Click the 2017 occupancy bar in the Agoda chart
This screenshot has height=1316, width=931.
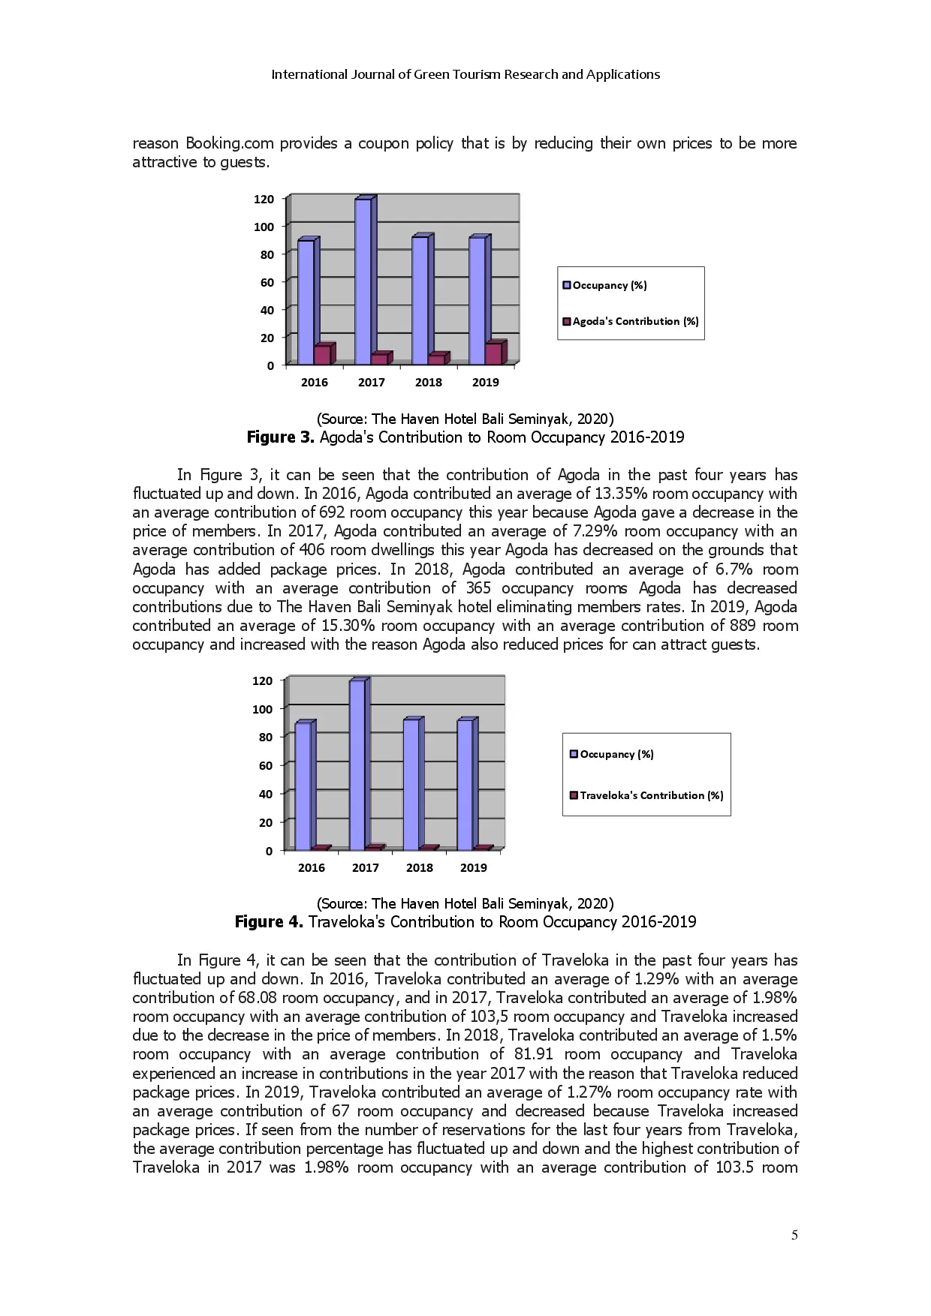[363, 281]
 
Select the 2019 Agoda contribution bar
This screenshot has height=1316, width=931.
[493, 353]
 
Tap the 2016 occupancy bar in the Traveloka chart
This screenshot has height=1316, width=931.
[303, 786]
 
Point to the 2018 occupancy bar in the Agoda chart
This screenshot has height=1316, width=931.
[420, 300]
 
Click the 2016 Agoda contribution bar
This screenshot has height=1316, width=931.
[322, 355]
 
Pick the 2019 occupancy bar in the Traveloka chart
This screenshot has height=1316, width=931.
[465, 784]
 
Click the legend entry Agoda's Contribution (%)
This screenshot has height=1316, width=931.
[630, 321]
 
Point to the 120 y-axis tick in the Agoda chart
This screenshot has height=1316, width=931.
[264, 199]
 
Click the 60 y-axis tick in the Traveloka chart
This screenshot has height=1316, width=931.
[265, 765]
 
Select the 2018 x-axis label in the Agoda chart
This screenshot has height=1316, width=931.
[428, 382]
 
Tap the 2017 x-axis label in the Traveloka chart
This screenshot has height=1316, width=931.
[365, 867]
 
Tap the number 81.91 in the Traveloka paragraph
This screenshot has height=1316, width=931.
[534, 1054]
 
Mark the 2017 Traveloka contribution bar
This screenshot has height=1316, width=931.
[373, 848]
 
